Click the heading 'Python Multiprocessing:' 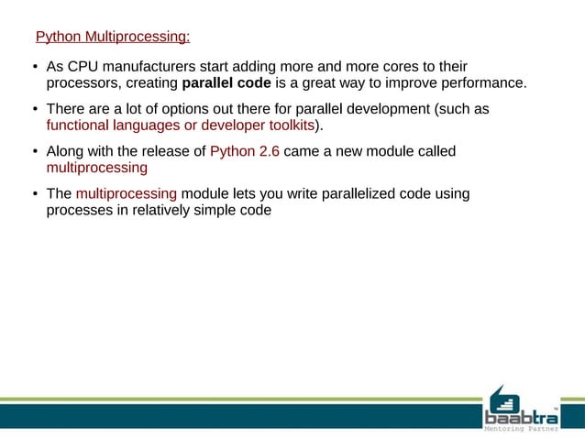(113, 38)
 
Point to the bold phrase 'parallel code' (226, 85)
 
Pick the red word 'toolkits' (287, 126)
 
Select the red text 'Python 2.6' (245, 151)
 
